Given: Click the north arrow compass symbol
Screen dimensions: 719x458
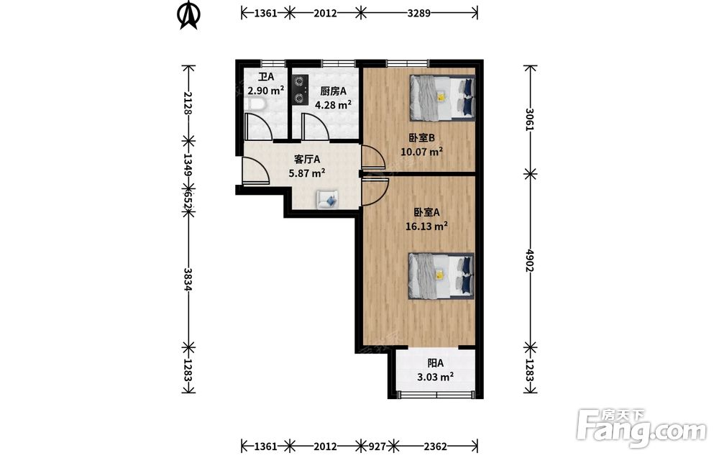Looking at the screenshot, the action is click(x=188, y=16).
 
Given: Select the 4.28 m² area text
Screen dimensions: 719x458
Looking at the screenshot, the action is click(x=333, y=105).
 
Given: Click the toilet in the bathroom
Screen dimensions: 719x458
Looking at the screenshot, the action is click(x=254, y=104).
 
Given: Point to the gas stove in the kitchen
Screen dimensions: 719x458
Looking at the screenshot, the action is click(x=299, y=89).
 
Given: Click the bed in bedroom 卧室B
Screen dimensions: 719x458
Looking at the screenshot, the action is click(x=442, y=98).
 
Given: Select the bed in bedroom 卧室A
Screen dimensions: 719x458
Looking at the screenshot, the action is click(x=441, y=276).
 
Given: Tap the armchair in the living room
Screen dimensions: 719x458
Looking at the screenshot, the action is click(x=327, y=199).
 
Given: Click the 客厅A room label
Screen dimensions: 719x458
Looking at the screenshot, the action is click(x=307, y=160).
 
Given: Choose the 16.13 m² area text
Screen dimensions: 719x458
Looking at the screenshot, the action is click(x=426, y=226).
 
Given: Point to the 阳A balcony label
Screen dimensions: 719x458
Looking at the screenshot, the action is click(x=435, y=364).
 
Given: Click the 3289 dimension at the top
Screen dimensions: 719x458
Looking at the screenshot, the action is click(x=418, y=13).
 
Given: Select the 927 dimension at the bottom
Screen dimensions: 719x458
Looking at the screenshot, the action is click(x=378, y=446).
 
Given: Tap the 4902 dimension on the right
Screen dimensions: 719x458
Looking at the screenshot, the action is click(x=530, y=260).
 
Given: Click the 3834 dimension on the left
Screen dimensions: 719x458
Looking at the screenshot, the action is click(x=188, y=279).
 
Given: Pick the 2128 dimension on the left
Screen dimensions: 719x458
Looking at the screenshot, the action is click(x=188, y=103).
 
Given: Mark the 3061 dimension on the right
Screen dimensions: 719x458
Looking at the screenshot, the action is click(x=530, y=119).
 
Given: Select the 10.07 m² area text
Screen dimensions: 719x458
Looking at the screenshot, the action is click(x=422, y=152).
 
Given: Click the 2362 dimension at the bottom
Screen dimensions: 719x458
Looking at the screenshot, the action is click(x=435, y=446).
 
